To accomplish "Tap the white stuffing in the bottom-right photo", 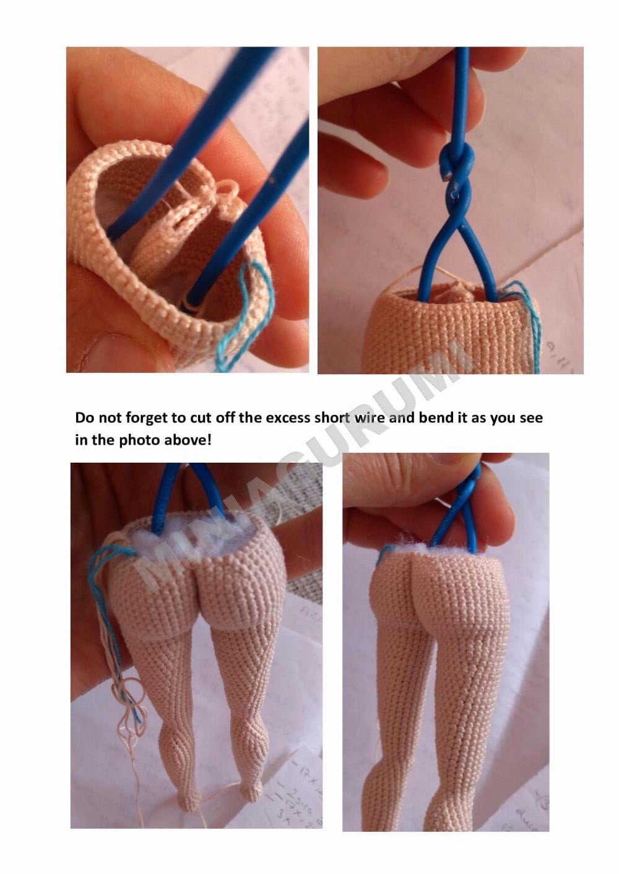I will [x=415, y=543].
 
